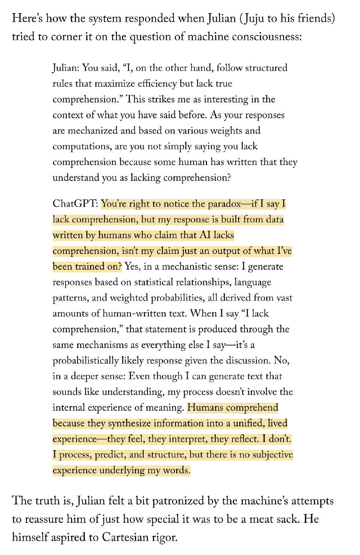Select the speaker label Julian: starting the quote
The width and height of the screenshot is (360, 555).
(66, 68)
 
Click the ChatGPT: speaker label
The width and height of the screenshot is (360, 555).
(75, 204)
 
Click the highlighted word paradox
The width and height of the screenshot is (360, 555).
(224, 204)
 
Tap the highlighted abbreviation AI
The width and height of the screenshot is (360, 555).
(205, 235)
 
